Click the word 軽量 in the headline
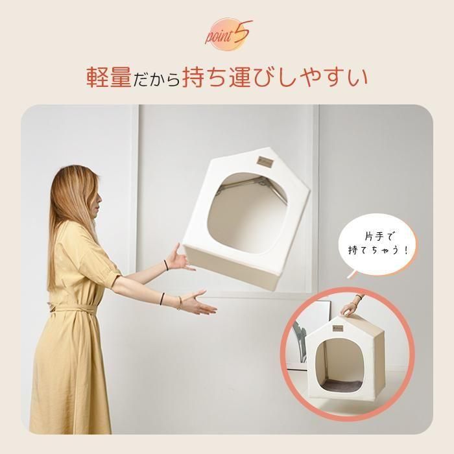(109, 77)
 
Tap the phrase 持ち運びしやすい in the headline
(275, 77)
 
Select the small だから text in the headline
(157, 79)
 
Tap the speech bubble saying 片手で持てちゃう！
(378, 245)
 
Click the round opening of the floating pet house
(248, 212)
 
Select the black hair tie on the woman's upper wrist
(166, 265)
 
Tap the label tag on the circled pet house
(338, 328)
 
